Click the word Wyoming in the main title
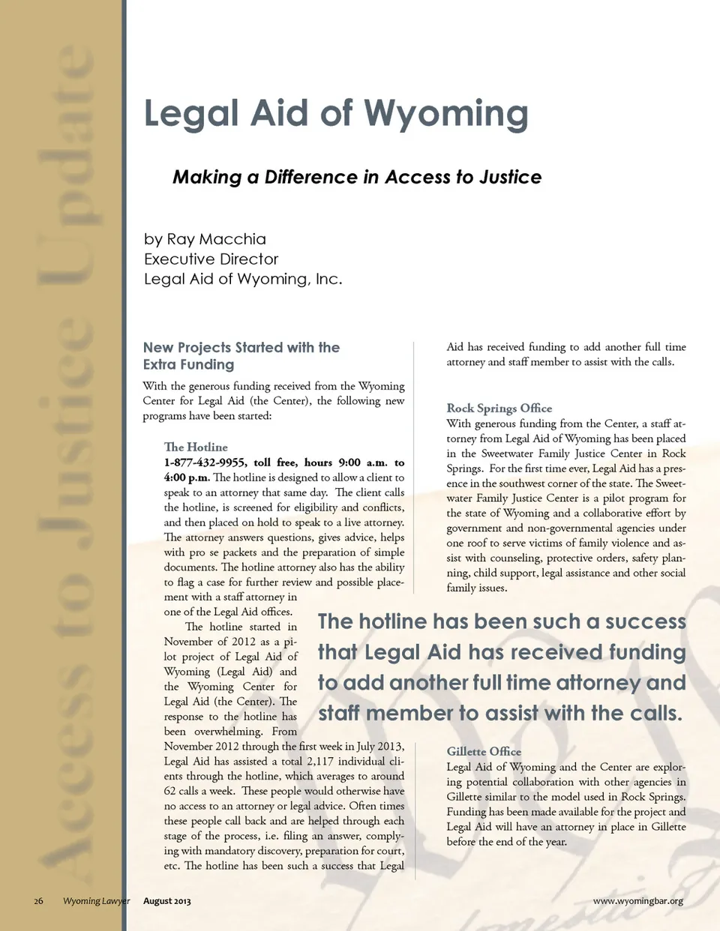(446, 114)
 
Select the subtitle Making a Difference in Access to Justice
(357, 177)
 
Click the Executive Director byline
(211, 259)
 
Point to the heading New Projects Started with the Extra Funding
(241, 356)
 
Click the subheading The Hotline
(196, 447)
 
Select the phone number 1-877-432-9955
(205, 463)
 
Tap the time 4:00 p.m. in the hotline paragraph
(187, 477)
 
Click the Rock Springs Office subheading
(499, 408)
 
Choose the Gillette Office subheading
(484, 751)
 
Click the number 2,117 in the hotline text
(320, 761)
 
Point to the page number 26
(38, 901)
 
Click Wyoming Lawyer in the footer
(96, 901)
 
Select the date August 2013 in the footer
(167, 901)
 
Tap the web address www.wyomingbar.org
(637, 901)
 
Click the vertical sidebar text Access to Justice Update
(66, 465)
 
